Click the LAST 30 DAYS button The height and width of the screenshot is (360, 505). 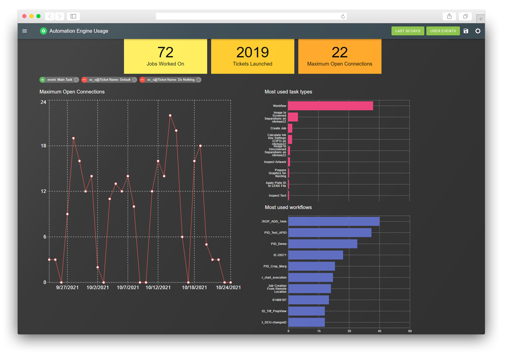(x=408, y=31)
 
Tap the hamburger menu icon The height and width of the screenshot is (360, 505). (x=25, y=31)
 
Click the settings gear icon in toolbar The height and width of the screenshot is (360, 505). (x=478, y=31)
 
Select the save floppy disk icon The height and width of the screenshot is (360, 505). (x=466, y=31)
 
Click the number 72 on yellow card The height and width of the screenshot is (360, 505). (x=165, y=52)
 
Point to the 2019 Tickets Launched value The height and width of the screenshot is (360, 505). (x=252, y=52)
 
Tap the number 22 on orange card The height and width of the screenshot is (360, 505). (x=340, y=52)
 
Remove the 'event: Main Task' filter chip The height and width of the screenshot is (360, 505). (x=76, y=80)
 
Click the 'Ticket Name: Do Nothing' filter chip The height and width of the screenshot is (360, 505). (x=171, y=80)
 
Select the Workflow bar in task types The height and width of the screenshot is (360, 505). (x=330, y=106)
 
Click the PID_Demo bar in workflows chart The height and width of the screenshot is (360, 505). (x=322, y=244)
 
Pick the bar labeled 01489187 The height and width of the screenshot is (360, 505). (x=308, y=300)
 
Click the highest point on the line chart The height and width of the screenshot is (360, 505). (x=170, y=115)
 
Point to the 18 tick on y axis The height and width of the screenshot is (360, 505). (x=43, y=146)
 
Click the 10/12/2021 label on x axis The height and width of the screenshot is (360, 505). (x=158, y=288)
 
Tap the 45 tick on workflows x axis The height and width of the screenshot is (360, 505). (x=380, y=331)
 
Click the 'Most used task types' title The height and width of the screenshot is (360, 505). (x=288, y=92)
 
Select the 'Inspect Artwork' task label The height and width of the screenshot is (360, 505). (x=275, y=162)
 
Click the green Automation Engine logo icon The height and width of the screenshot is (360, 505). (x=43, y=31)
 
